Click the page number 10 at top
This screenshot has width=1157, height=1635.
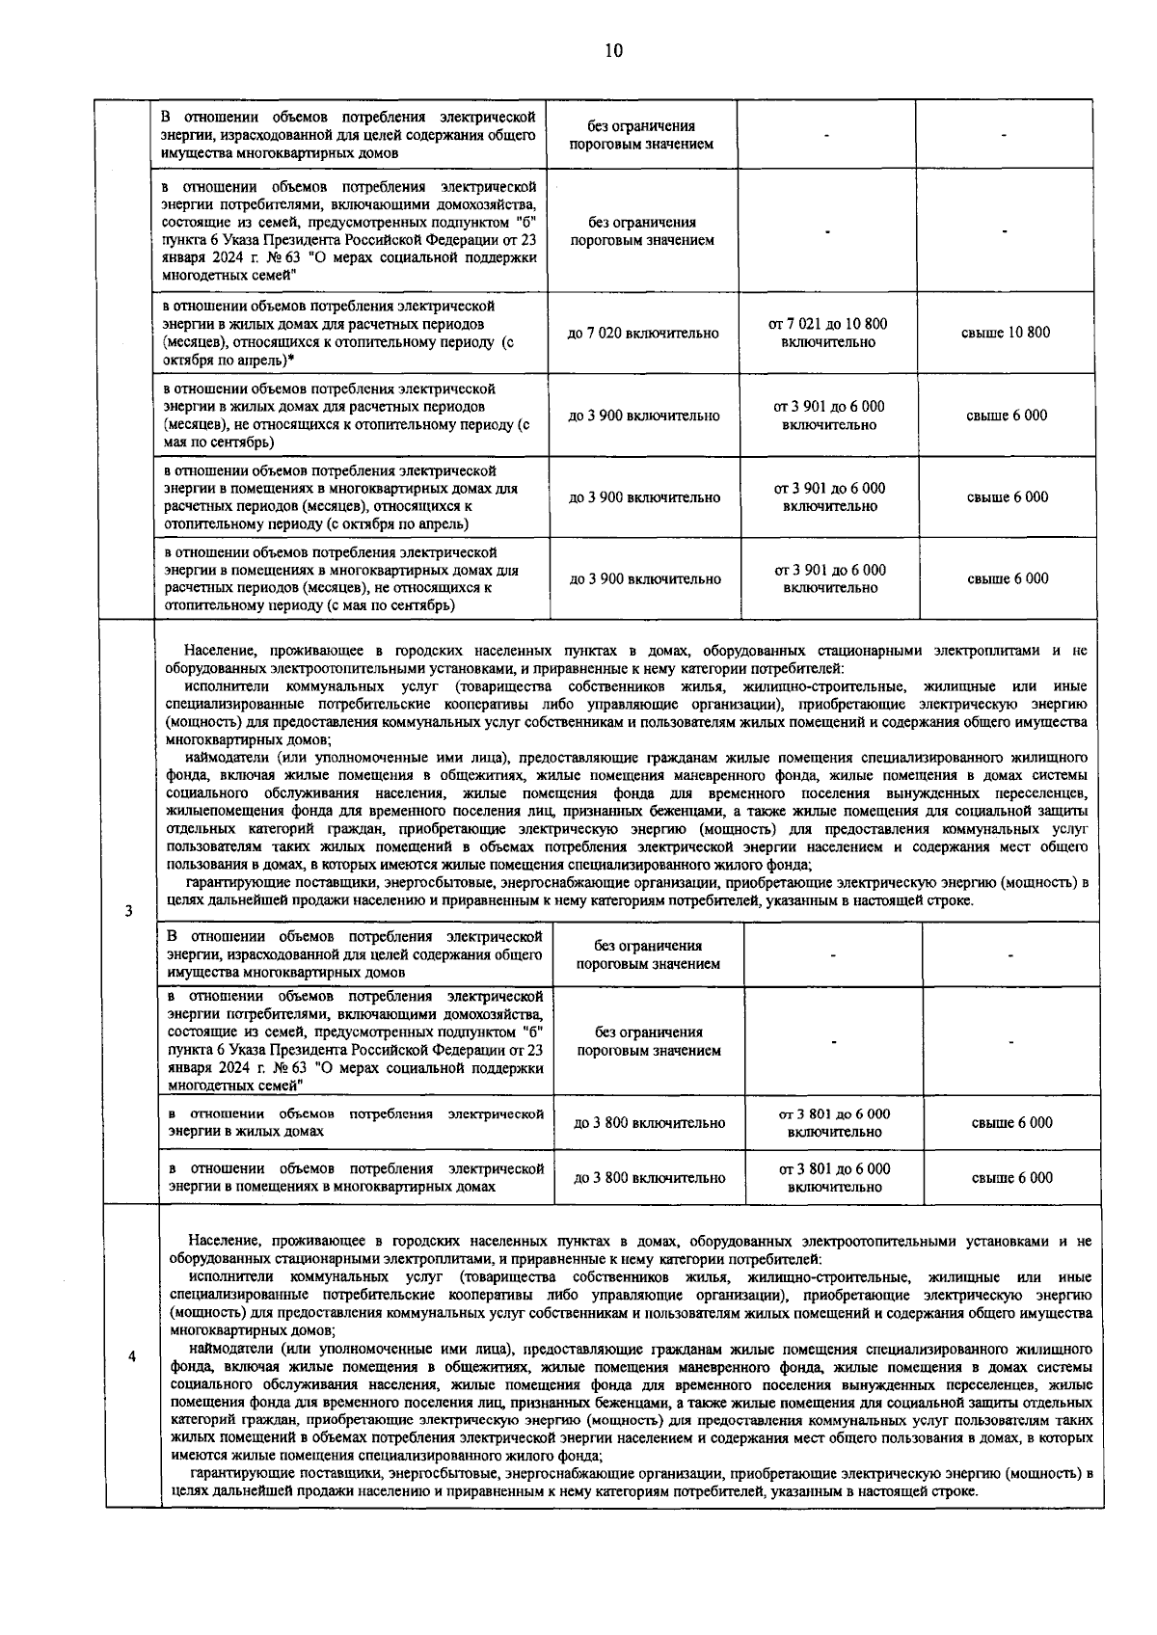(x=613, y=51)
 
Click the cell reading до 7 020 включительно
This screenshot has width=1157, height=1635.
(x=642, y=334)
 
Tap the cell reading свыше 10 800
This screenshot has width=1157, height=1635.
(x=1006, y=333)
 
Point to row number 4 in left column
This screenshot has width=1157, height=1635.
(x=131, y=1356)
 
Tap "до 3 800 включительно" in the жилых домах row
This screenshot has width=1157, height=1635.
(x=649, y=1123)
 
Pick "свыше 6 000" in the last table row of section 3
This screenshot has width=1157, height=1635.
(x=1011, y=1178)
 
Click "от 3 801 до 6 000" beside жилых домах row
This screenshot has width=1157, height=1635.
(x=834, y=1114)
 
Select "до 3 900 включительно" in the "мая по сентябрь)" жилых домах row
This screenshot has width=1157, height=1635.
(x=643, y=416)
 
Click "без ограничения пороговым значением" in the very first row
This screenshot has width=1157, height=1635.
(x=641, y=135)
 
